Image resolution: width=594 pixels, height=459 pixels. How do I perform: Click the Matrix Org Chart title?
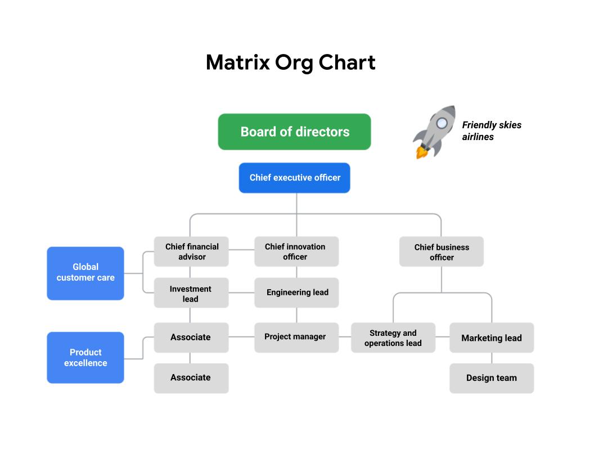290,62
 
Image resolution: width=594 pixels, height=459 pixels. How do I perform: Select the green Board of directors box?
294,132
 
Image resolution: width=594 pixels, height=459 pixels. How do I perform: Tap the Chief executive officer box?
294,178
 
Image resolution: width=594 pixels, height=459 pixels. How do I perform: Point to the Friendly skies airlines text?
491,131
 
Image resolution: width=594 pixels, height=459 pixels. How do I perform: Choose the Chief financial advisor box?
191,251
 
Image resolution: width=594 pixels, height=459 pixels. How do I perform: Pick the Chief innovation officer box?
296,251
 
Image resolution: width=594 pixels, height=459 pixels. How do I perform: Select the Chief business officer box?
441,252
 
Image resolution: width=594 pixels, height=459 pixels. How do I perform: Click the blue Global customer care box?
85,273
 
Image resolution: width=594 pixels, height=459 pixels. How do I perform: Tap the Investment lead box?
191,293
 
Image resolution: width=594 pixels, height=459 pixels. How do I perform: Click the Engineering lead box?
296,292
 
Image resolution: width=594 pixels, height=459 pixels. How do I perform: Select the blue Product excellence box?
85,358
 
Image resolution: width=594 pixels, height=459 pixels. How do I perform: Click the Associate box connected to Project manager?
191,337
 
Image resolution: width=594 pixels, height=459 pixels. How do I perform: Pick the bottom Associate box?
191,378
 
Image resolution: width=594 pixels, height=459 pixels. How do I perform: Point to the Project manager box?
296,337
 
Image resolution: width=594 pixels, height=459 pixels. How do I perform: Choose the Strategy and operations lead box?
393,338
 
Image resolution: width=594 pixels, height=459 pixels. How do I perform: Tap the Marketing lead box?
491,338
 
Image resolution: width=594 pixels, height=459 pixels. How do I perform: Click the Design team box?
491,378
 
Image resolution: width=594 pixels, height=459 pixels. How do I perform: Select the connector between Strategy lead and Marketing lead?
442,337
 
